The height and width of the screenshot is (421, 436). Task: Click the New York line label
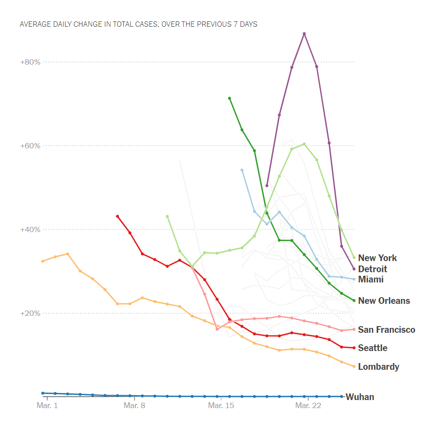tap(377, 258)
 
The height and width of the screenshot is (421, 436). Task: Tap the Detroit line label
tap(372, 269)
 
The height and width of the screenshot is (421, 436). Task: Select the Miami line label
tap(371, 280)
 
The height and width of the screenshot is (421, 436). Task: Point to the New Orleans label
tap(384, 301)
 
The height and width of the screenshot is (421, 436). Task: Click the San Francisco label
tap(386, 330)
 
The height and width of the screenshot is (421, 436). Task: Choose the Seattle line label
tap(372, 348)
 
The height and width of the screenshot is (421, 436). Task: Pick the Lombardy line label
tap(378, 367)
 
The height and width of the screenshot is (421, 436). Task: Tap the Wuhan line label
tap(359, 397)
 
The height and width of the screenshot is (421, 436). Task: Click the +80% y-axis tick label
tap(30, 62)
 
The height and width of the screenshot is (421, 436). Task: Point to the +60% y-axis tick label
tap(30, 146)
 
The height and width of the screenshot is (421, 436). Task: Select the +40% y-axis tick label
tap(30, 229)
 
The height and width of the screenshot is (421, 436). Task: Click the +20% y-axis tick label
tap(30, 313)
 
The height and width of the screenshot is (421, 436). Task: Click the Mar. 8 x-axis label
tap(134, 405)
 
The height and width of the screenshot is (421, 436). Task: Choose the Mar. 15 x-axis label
tap(221, 405)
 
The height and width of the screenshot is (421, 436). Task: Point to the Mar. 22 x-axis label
tap(309, 405)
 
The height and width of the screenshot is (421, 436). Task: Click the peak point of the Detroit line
tap(304, 34)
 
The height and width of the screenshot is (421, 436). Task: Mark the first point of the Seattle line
tap(118, 217)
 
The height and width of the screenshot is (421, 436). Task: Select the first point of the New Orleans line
tap(229, 98)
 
